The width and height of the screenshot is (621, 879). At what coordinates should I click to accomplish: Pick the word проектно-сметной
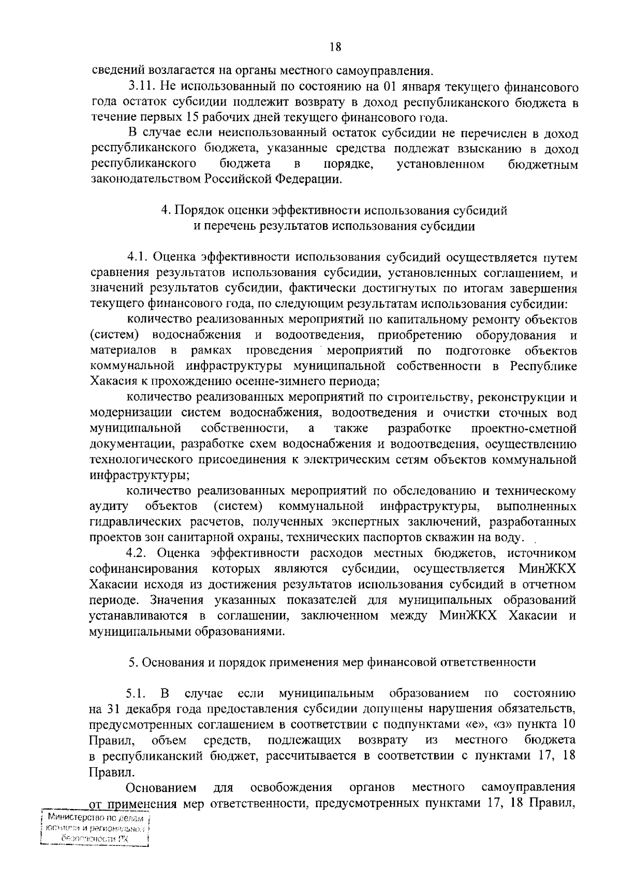(524, 428)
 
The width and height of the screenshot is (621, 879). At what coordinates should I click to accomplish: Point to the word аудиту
(109, 505)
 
